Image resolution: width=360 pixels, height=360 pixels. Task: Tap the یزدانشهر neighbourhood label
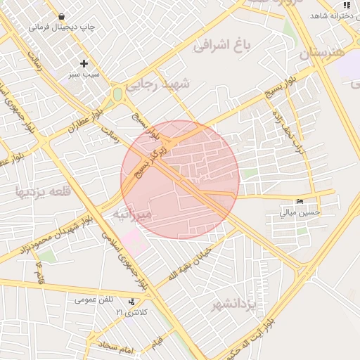(240, 304)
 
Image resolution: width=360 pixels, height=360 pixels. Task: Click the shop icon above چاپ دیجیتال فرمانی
(62, 17)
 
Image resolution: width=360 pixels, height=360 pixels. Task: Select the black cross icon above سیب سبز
(84, 63)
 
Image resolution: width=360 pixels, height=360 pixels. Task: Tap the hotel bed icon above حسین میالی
(301, 201)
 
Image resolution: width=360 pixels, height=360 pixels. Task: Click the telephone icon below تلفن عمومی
(131, 302)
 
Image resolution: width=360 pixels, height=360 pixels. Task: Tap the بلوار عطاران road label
(84, 120)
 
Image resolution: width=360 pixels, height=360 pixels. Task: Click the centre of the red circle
(180, 179)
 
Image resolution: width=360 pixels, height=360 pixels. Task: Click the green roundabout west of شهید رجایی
(117, 94)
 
